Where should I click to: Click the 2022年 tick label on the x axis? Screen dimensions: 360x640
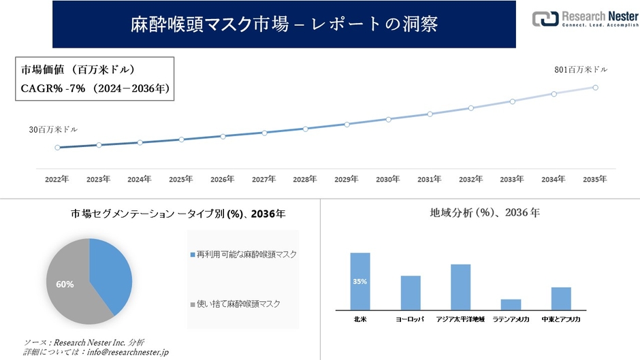[57, 179]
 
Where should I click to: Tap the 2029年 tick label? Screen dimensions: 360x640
[347, 179]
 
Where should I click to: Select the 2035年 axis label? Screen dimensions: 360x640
[595, 179]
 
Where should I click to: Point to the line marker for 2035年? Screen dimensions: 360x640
[596, 87]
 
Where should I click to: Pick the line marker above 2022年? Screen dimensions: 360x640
[57, 147]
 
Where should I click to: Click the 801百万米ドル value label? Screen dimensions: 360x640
[580, 69]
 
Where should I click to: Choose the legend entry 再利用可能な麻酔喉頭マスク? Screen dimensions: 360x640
[246, 254]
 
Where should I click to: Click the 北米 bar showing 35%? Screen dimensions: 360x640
[360, 281]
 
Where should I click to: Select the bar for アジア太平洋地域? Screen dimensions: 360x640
[460, 287]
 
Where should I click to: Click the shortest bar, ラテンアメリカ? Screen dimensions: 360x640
[511, 304]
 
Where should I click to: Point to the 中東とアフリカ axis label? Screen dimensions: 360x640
[560, 318]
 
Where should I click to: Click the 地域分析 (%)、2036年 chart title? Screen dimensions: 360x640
[485, 213]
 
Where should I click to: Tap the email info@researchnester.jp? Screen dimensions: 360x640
[122, 352]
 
